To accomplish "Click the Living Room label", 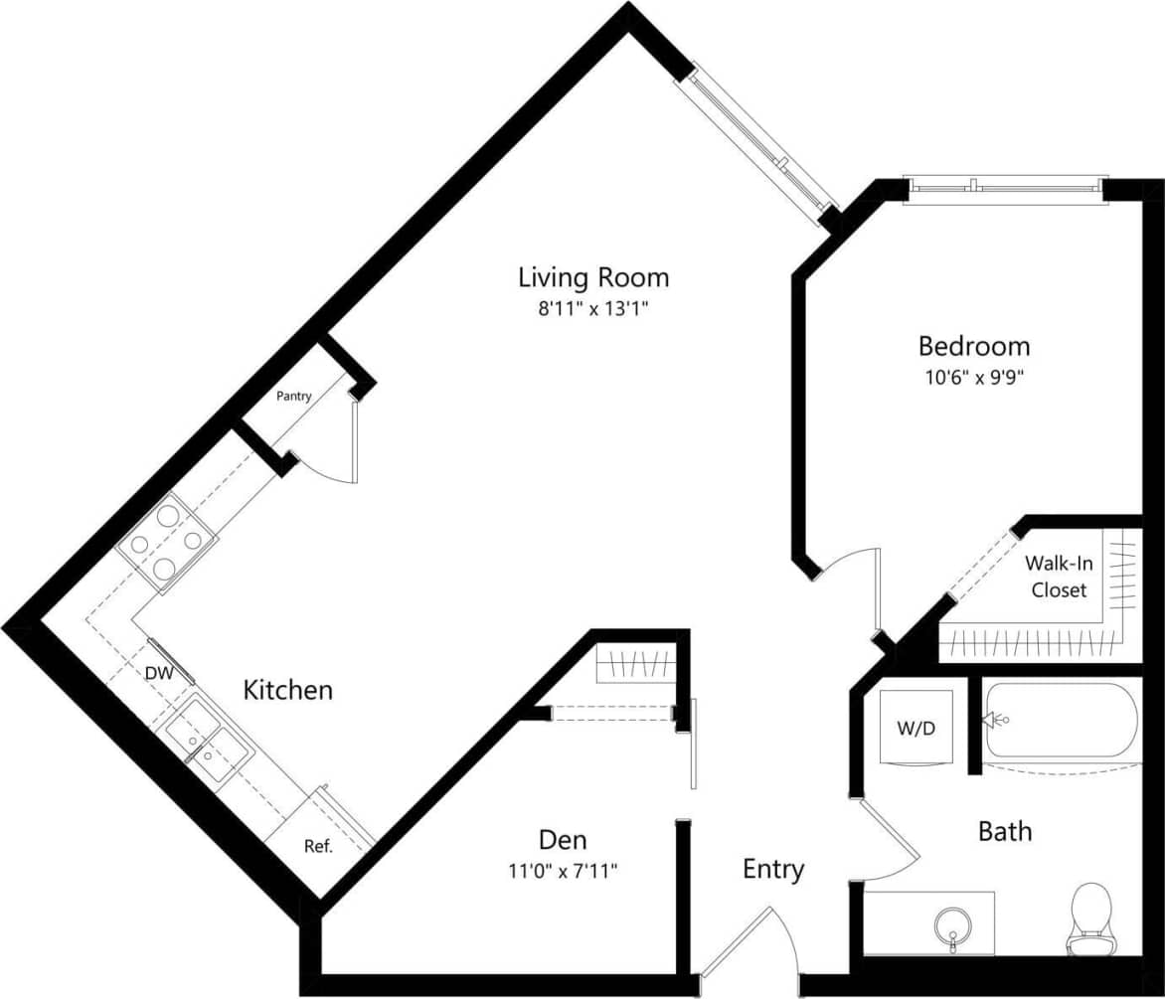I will click(593, 276).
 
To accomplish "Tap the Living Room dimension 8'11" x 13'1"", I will click(593, 309).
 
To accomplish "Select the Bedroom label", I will click(973, 346).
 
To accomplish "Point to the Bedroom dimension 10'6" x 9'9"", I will click(973, 378).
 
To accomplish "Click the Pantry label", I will click(293, 396).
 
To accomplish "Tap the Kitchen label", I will click(288, 690).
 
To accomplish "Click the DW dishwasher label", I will click(159, 673).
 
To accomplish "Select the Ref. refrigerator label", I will click(317, 847).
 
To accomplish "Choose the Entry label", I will click(773, 870).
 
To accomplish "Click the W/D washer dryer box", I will click(916, 729).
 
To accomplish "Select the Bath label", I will click(1005, 831).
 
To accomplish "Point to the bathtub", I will click(1059, 725).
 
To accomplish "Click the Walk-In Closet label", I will click(1058, 577).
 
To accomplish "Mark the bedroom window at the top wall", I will click(1004, 187).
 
